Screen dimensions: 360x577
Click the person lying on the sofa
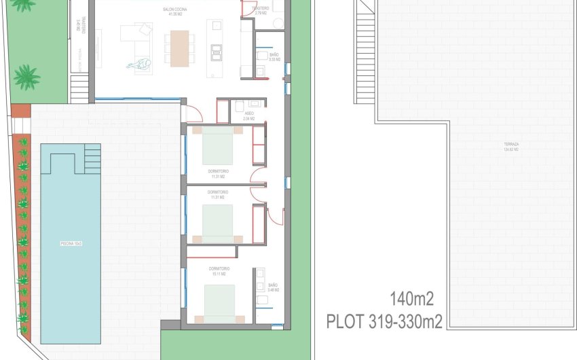click(139, 65)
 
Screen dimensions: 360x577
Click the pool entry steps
click(91, 158)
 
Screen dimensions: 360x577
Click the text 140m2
click(411, 298)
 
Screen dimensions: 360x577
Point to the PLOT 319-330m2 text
click(384, 321)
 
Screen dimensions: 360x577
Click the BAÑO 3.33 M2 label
click(274, 56)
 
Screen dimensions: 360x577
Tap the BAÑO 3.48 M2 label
click(273, 287)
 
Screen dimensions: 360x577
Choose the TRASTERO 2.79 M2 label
click(260, 10)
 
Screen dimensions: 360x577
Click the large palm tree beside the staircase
click(26, 77)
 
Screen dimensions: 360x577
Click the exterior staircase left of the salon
click(79, 88)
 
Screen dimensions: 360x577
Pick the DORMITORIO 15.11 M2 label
click(219, 271)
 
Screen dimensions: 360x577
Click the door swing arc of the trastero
click(246, 8)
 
